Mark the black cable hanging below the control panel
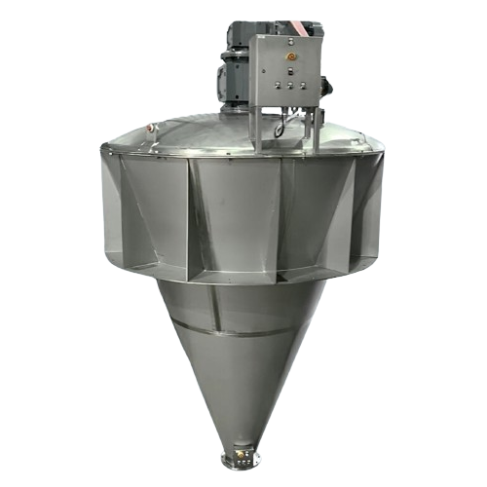click(x=280, y=125)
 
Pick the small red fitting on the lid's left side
click(x=150, y=129)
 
